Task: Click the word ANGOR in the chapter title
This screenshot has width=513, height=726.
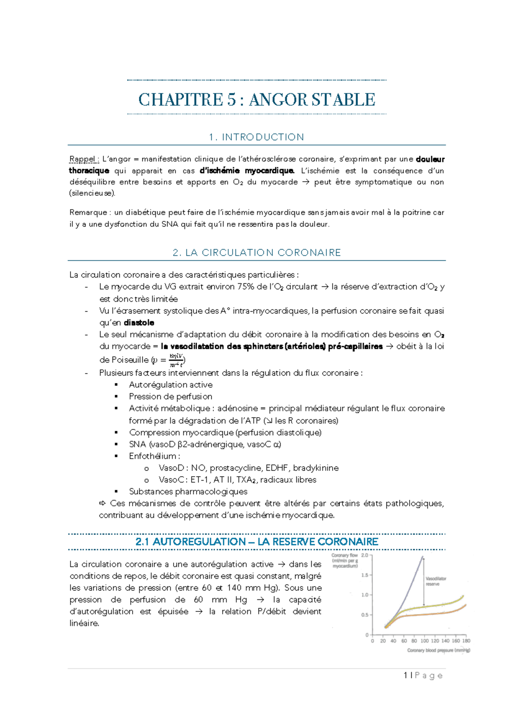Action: point(278,100)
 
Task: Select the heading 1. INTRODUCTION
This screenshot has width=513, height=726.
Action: point(256,137)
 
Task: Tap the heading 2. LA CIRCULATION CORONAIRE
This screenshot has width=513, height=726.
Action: point(256,253)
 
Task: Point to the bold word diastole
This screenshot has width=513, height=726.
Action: point(139,323)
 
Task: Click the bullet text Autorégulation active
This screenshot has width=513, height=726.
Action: point(171,385)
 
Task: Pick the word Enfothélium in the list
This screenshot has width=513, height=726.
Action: point(153,456)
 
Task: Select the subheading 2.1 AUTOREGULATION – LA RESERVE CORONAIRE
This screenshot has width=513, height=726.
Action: point(256,542)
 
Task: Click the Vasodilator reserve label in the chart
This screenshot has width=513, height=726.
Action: point(436,581)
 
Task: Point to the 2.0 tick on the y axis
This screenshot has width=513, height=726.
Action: point(365,555)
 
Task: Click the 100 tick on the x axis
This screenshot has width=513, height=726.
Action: point(424,641)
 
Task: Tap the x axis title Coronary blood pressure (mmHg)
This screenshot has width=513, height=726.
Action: point(438,651)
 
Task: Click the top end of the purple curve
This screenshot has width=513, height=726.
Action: point(422,557)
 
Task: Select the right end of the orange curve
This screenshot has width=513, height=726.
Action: point(466,605)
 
